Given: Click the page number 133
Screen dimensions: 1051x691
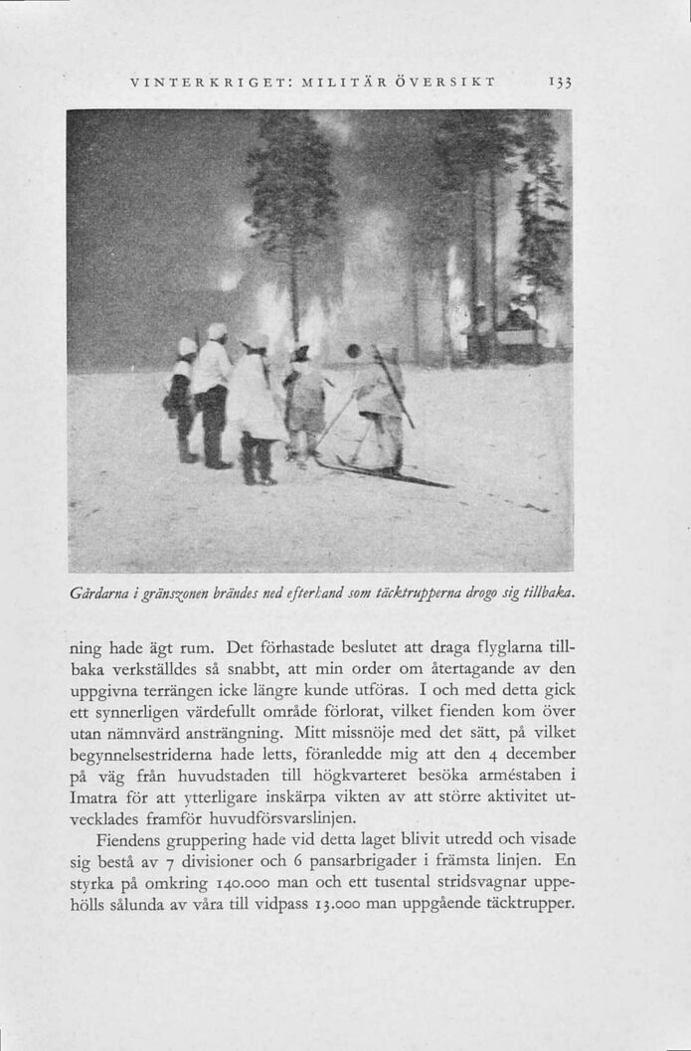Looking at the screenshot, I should pos(560,81).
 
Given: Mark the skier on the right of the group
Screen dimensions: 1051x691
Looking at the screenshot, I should pos(383,403).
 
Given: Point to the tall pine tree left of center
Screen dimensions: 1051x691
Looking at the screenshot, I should pos(292,209).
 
